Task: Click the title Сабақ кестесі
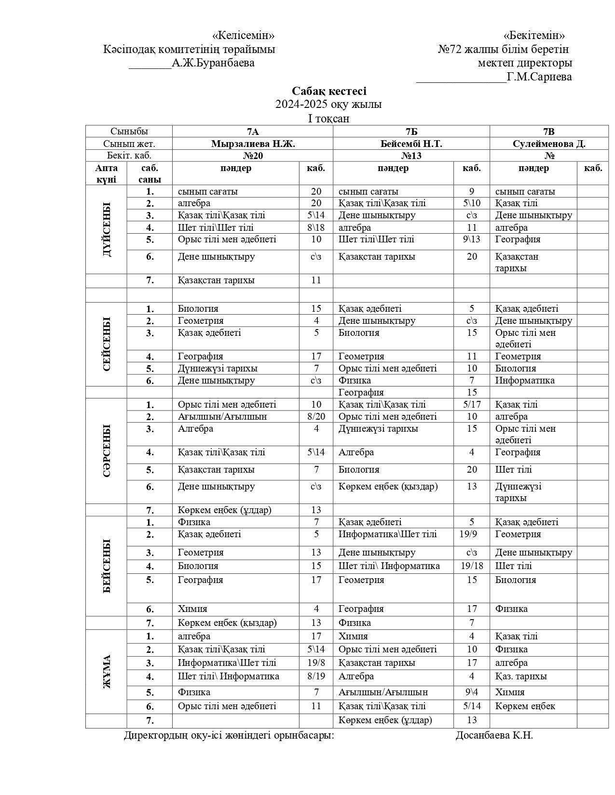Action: tap(329, 91)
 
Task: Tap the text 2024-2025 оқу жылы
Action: tap(328, 105)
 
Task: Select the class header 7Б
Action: tap(411, 132)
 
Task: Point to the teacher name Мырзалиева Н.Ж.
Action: tap(253, 144)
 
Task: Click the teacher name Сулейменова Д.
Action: tap(549, 144)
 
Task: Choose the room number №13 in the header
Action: tap(411, 156)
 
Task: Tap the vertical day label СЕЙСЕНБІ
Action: tap(107, 344)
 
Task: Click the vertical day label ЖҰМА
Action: tap(107, 672)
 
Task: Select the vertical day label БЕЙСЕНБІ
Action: tap(107, 566)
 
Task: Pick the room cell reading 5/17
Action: tap(472, 405)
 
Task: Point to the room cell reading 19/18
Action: tap(472, 566)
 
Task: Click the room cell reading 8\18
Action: tap(316, 228)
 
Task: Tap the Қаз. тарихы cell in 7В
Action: tap(521, 676)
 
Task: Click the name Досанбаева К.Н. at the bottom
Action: tap(494, 735)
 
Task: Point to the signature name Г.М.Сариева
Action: tap(539, 77)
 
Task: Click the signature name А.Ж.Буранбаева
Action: tap(213, 63)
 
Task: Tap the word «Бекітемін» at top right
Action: tap(534, 36)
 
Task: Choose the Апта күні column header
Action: tap(106, 173)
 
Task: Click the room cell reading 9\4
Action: tap(472, 692)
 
